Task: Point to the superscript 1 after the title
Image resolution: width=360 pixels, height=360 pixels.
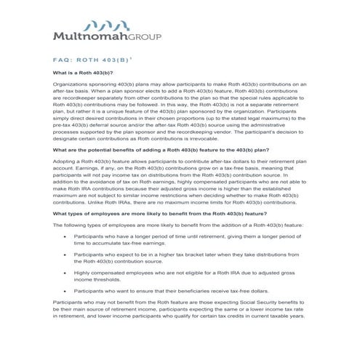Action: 131,59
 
